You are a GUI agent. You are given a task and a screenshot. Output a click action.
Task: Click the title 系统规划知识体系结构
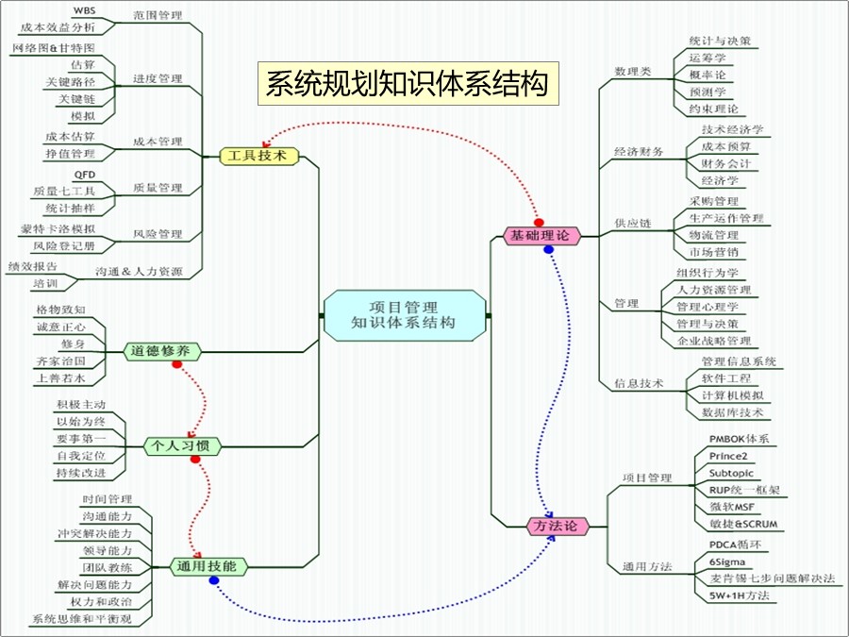click(407, 84)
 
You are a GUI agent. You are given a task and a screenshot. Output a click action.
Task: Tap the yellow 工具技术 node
click(258, 156)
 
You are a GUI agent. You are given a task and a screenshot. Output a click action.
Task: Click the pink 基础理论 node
click(540, 236)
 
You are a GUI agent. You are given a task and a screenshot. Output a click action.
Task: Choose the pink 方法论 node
click(556, 526)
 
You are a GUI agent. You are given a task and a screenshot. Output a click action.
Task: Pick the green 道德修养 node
click(162, 351)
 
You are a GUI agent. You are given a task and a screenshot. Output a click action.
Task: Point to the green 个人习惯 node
click(182, 444)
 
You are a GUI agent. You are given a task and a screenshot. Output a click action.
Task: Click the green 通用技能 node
click(208, 566)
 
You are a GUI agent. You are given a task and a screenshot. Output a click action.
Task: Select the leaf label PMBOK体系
click(739, 439)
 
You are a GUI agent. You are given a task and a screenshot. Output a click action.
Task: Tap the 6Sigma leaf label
click(726, 562)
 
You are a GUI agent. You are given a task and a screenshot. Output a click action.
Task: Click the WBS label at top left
click(84, 10)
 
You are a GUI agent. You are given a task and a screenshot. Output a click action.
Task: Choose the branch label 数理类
click(632, 71)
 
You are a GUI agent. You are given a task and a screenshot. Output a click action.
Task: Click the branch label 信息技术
click(639, 384)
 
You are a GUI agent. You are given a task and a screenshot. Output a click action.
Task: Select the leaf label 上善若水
click(60, 377)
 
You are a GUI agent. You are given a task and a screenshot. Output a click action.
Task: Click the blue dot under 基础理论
click(548, 250)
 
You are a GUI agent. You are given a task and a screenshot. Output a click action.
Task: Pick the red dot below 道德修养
click(176, 364)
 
